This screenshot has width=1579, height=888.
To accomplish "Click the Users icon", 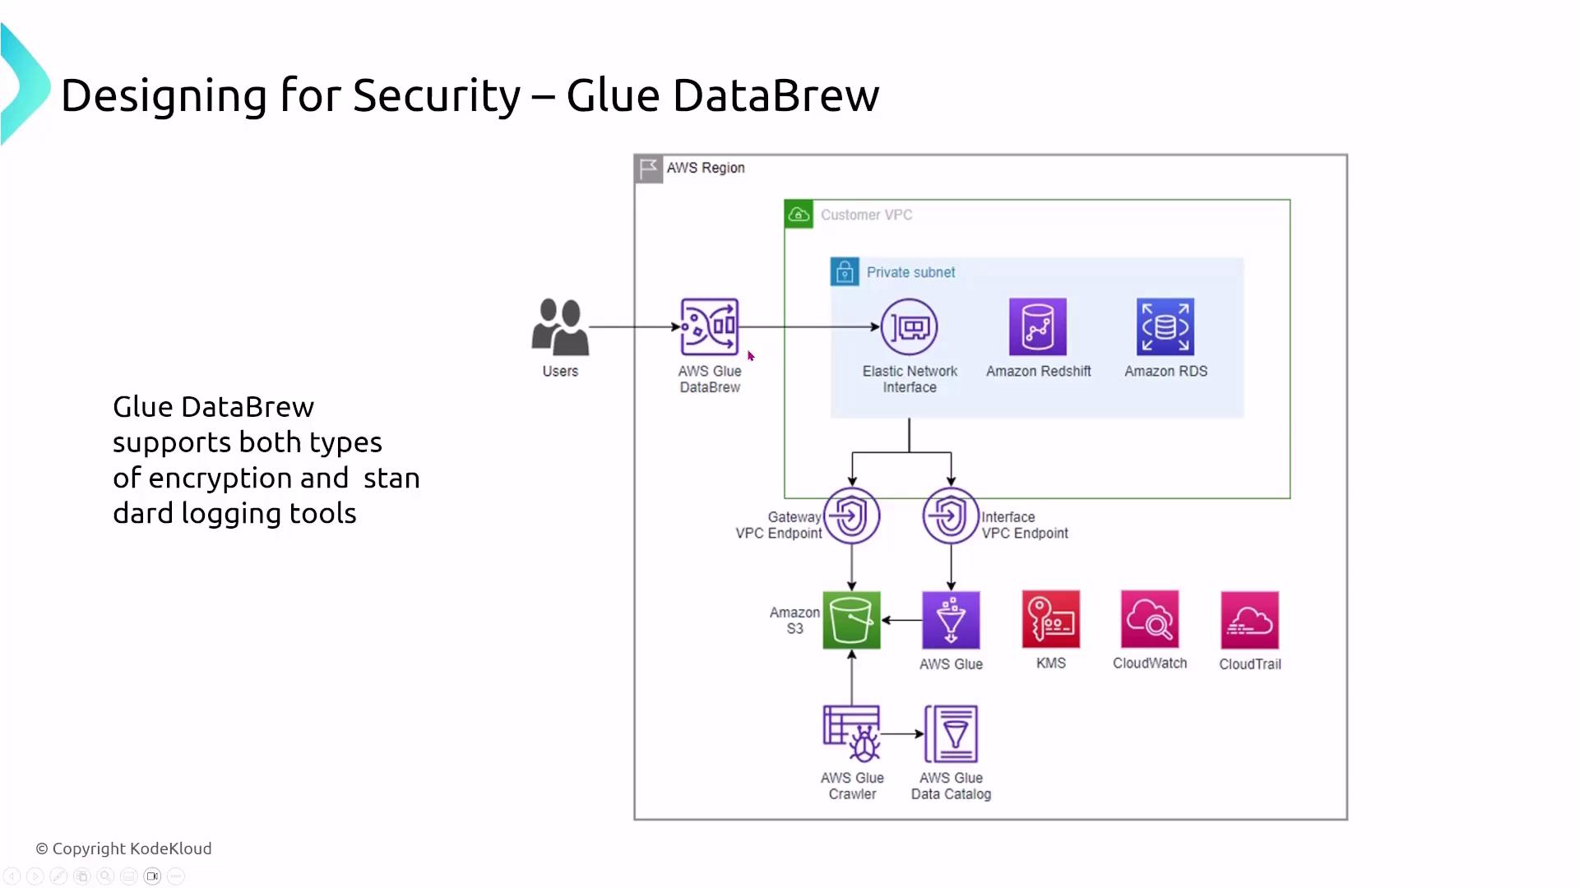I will [x=560, y=326].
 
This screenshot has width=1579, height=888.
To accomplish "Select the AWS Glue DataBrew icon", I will [x=709, y=326].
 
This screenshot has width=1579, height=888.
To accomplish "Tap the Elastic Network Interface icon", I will [x=909, y=326].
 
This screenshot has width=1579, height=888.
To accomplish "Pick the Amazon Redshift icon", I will [x=1038, y=326].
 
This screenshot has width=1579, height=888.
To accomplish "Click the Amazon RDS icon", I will [x=1165, y=326].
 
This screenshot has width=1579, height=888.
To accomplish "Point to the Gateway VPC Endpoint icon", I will [x=852, y=516].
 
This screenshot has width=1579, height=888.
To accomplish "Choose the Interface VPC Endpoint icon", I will [x=951, y=516].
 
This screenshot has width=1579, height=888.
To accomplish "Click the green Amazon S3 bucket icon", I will [x=851, y=620].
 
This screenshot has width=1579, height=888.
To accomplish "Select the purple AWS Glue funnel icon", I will [x=951, y=620].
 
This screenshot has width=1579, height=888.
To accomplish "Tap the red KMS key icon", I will [x=1051, y=619].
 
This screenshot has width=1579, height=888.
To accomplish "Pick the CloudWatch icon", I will [x=1150, y=619].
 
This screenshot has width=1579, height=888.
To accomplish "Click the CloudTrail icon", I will [x=1249, y=620].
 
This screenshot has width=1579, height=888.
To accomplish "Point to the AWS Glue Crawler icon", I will [x=852, y=733].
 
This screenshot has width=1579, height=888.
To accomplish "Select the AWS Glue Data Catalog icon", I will [x=952, y=733].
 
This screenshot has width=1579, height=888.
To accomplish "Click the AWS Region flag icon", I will [x=649, y=169].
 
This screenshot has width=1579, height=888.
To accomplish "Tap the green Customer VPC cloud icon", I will [x=799, y=215].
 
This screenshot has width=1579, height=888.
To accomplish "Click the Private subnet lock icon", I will [x=845, y=272].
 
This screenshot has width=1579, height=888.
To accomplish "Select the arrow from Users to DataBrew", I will [x=633, y=326].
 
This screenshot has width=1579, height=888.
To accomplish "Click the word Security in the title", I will [x=437, y=95].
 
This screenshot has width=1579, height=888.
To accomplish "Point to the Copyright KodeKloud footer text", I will [x=123, y=849].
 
